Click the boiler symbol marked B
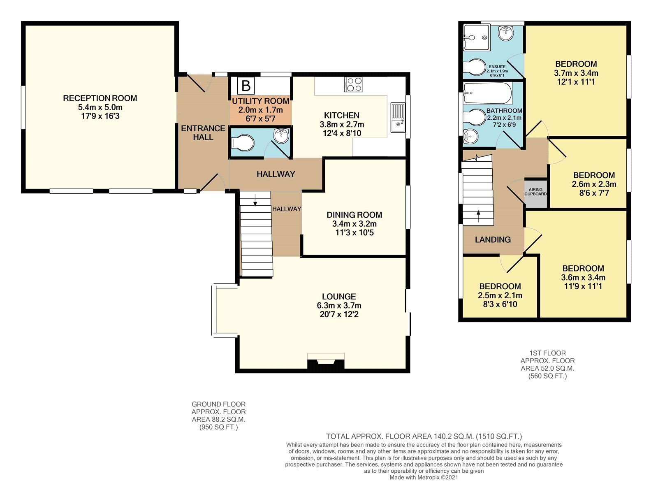[x=246, y=86]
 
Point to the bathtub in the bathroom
[x=488, y=93]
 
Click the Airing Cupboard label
[x=535, y=192]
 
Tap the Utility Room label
[x=261, y=101]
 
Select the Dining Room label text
[x=354, y=215]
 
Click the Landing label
[x=493, y=240]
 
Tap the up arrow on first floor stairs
[x=478, y=216]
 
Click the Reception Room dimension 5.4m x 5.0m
[x=100, y=107]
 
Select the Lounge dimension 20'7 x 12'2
[x=339, y=314]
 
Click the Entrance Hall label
[x=203, y=133]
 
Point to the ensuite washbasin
[x=505, y=33]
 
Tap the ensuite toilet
[x=475, y=67]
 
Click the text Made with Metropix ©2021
[x=424, y=478]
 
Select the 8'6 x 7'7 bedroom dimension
[x=594, y=193]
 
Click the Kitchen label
[x=342, y=116]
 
